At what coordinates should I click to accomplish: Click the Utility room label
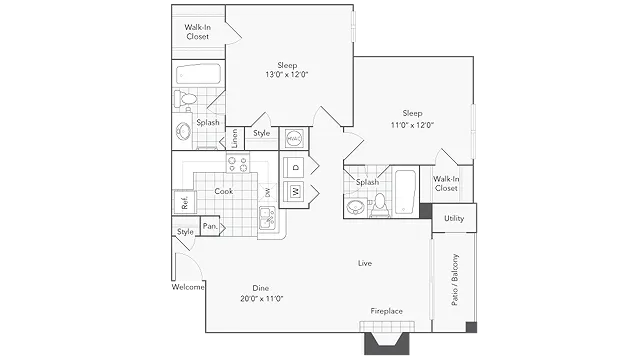click(454, 218)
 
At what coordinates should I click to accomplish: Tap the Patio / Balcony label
click(455, 280)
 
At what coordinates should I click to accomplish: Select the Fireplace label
click(387, 311)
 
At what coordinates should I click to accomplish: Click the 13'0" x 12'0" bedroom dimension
click(287, 74)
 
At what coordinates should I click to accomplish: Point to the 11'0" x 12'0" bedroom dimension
click(412, 125)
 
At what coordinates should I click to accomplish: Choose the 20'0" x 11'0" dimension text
click(262, 298)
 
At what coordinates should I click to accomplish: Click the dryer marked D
click(296, 167)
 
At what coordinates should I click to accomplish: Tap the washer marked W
click(296, 191)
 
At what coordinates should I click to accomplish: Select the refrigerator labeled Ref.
click(184, 202)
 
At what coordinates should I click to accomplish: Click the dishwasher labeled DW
click(267, 192)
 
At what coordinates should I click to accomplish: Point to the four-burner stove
click(238, 163)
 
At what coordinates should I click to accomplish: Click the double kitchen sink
click(267, 218)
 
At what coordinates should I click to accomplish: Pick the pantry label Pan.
click(210, 226)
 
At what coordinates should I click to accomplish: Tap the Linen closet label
click(234, 138)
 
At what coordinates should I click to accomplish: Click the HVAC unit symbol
click(293, 139)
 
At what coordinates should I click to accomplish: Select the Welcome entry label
click(188, 287)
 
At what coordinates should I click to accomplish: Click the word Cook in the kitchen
click(224, 191)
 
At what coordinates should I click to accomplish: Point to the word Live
click(365, 263)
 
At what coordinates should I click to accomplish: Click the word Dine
click(260, 288)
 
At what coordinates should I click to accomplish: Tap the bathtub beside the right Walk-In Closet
click(405, 192)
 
